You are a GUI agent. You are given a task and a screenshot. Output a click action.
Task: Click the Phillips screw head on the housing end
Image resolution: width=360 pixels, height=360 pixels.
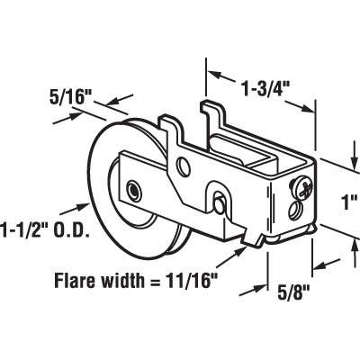click(x=307, y=189)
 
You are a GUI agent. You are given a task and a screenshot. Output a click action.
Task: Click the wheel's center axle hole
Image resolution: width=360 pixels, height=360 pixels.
click(x=134, y=191)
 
